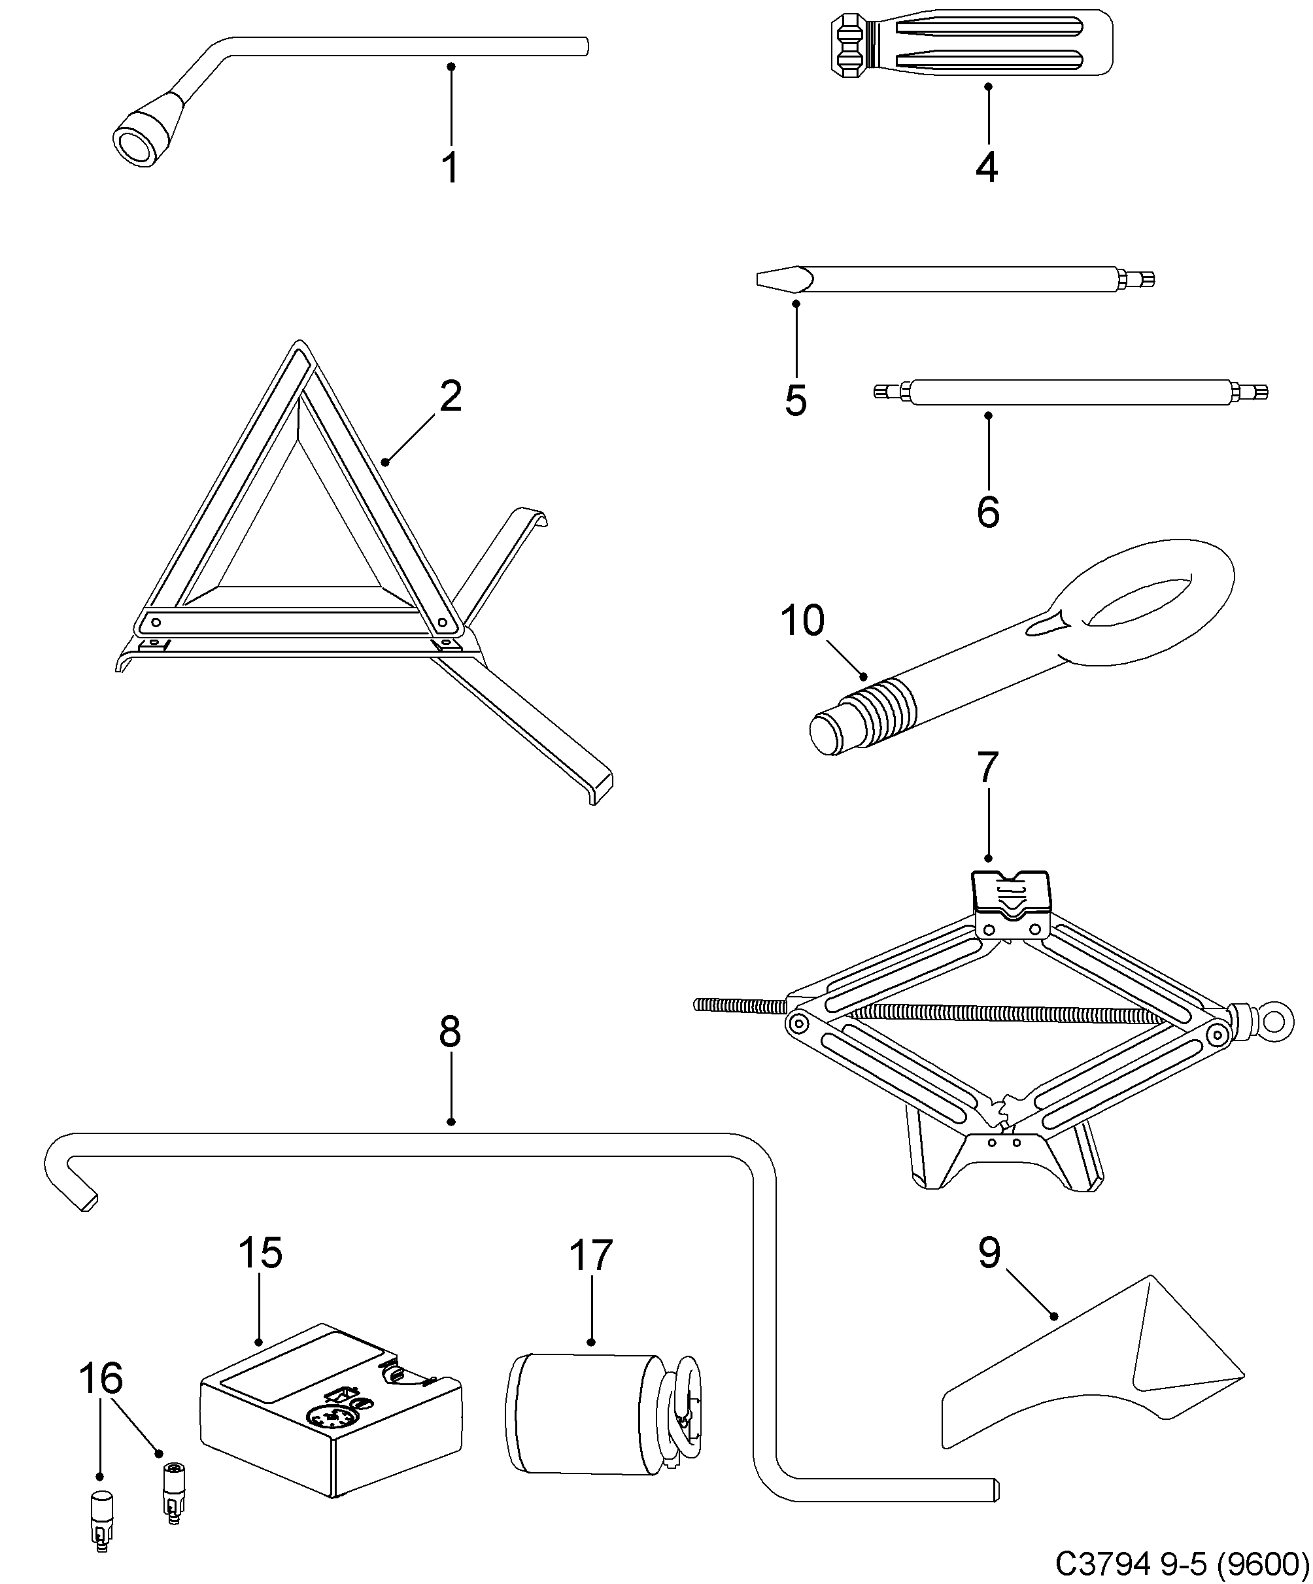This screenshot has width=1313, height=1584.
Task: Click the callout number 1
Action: [x=451, y=168]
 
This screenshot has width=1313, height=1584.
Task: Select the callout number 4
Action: [x=987, y=167]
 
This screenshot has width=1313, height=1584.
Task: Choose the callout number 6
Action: [x=987, y=512]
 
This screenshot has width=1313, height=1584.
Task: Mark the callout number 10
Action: [x=802, y=621]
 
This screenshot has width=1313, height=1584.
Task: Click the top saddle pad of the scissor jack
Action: [x=1009, y=894]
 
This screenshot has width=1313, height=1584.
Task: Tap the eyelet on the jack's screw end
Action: [x=1274, y=1022]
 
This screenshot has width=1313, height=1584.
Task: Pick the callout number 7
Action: [x=987, y=768]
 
